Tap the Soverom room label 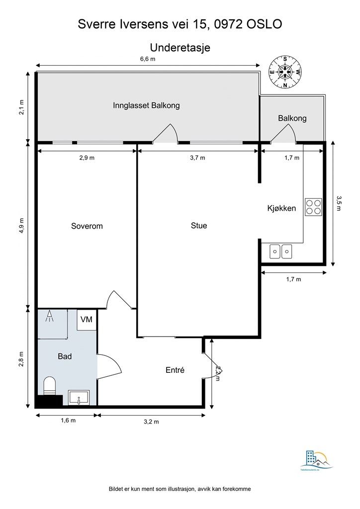click(87, 226)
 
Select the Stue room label click(199, 226)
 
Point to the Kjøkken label click(281, 208)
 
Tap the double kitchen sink click(281, 252)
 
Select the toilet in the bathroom click(50, 386)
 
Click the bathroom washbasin click(79, 398)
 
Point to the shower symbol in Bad click(50, 317)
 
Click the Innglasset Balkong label click(146, 105)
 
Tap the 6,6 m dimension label click(148, 59)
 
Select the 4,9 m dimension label click(21, 225)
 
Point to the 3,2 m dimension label click(151, 422)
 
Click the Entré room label click(175, 370)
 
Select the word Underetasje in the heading click(180, 48)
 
